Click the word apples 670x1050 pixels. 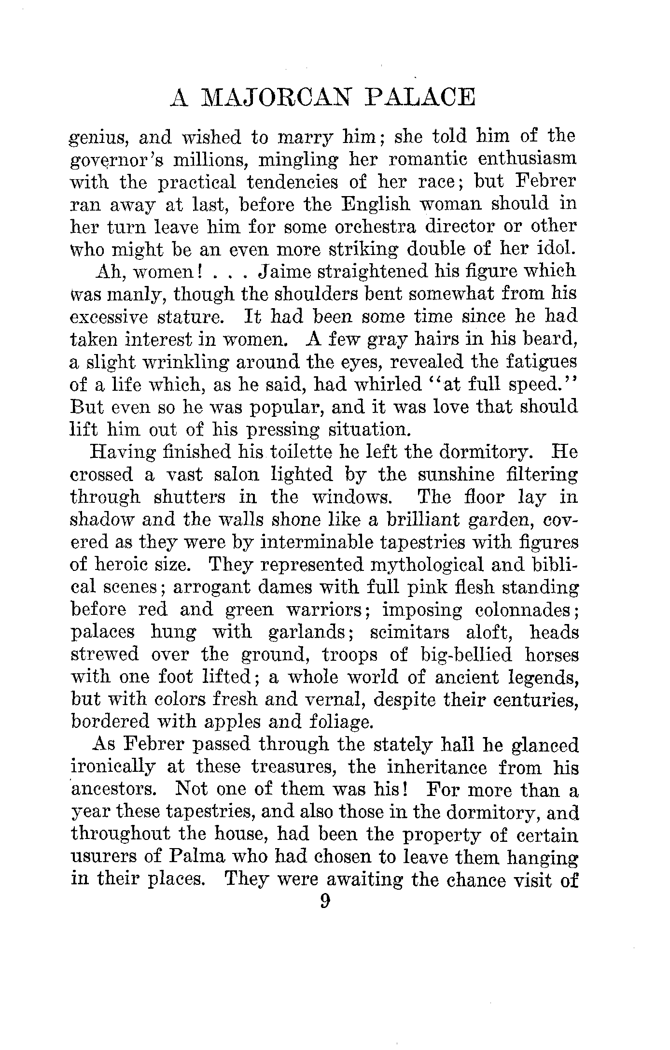click(231, 722)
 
